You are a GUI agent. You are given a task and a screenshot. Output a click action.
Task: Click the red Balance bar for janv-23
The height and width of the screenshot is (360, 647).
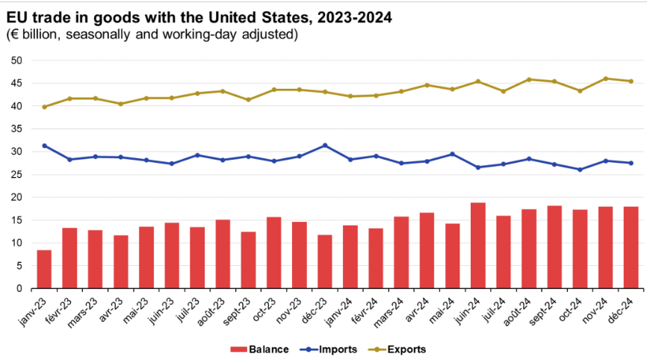[x=44, y=270]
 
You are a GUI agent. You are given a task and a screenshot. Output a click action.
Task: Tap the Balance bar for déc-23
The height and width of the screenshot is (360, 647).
[x=324, y=262]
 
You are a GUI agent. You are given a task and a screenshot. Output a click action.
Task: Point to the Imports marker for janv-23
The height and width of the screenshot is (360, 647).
[x=44, y=146]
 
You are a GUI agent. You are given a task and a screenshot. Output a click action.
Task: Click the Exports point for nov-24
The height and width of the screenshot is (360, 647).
[x=605, y=78]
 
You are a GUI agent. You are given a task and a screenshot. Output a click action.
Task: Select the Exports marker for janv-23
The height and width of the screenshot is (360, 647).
[x=44, y=107]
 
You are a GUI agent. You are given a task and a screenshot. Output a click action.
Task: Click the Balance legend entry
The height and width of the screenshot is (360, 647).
[x=254, y=348]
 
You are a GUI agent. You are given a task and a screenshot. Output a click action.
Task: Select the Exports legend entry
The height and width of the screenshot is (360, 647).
[x=393, y=348]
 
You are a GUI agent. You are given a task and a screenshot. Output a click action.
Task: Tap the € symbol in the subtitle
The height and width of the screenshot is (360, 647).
[x=13, y=34]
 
